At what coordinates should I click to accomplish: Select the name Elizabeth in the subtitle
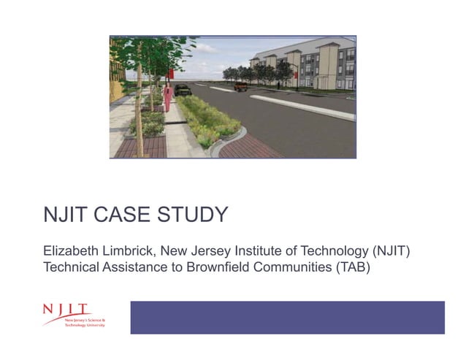[71, 251]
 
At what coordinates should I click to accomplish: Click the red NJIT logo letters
[66, 310]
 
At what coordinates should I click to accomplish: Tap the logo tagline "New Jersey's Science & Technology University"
[85, 322]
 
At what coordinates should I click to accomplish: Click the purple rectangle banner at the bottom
[287, 317]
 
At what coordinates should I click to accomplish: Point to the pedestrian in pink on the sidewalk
[167, 97]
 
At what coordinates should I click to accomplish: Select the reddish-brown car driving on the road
[240, 87]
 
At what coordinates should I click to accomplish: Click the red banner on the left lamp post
[169, 73]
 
